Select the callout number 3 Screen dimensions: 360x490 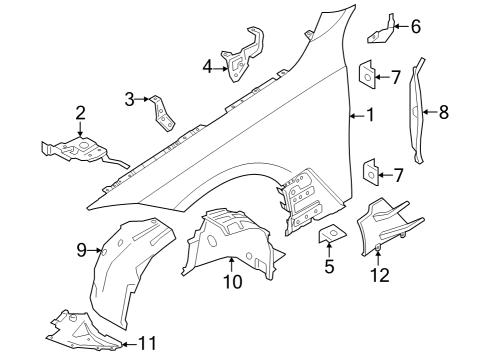(x=129, y=98)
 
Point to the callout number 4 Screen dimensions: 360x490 (x=208, y=67)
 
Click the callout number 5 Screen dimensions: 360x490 (x=326, y=267)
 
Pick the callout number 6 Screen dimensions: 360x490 (x=416, y=26)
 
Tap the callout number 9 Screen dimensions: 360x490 (x=81, y=250)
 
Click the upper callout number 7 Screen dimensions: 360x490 (x=397, y=76)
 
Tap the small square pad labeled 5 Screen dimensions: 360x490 (x=327, y=235)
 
